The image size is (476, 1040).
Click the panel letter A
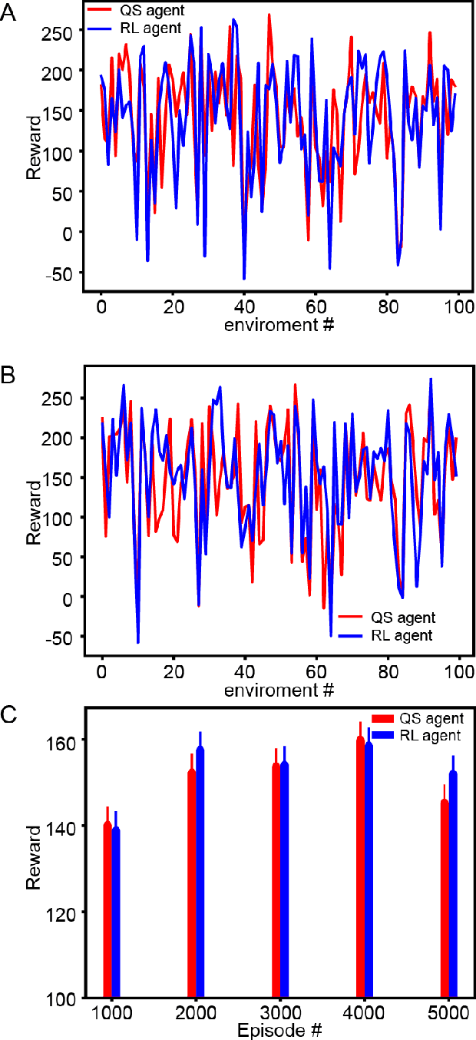8,15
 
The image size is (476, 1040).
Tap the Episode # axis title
279,1029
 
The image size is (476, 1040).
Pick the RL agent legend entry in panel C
429,735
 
